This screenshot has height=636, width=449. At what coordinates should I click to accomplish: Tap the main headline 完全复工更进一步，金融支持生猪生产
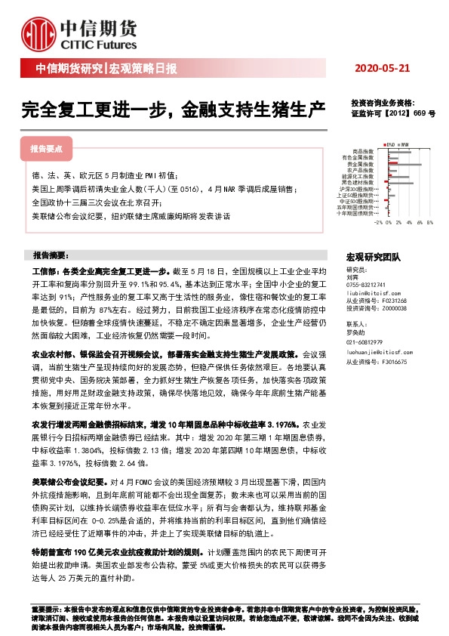click(x=174, y=110)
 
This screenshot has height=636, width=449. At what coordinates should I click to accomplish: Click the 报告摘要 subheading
click(x=50, y=255)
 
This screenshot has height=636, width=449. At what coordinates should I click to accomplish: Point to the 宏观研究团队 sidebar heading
click(x=374, y=257)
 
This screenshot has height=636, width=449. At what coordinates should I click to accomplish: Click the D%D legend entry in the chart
click(x=392, y=144)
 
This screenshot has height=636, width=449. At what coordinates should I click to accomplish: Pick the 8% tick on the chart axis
click(x=429, y=224)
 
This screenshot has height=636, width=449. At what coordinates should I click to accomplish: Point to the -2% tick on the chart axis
click(x=378, y=224)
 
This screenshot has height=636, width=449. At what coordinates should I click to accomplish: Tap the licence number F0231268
click(x=395, y=300)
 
